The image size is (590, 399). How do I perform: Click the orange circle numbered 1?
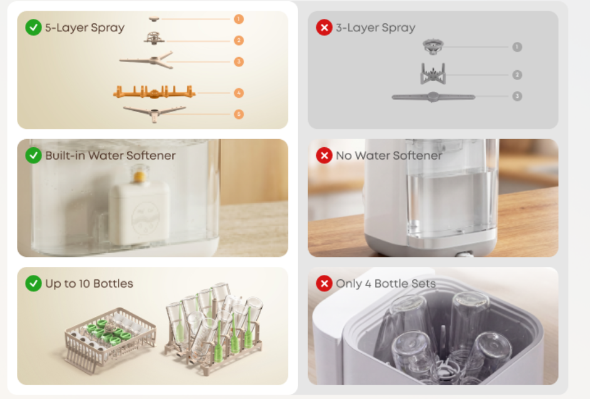click(239, 19)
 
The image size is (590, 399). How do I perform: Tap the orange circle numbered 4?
click(239, 93)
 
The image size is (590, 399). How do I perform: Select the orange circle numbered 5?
click(239, 114)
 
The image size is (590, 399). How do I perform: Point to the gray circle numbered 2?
click(517, 75)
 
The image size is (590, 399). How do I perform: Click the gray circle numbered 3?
click(517, 96)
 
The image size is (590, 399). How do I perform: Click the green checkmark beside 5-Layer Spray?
click(33, 28)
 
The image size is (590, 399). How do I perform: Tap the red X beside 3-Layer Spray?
click(324, 28)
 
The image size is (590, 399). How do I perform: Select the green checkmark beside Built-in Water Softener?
click(33, 155)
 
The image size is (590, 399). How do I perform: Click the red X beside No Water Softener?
click(324, 155)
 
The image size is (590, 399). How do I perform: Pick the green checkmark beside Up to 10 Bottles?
click(33, 284)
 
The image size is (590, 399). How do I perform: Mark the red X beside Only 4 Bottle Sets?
click(324, 284)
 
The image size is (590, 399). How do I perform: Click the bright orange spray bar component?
click(154, 92)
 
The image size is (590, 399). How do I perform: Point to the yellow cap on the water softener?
click(139, 176)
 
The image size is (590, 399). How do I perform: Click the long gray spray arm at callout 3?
click(433, 97)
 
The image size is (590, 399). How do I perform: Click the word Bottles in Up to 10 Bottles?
click(113, 284)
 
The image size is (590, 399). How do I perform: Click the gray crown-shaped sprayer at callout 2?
click(433, 73)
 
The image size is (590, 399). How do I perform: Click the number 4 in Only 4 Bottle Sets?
click(368, 284)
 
